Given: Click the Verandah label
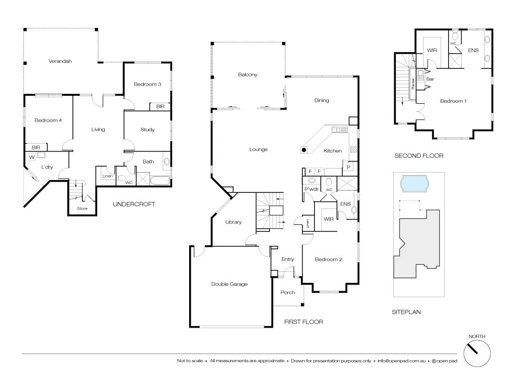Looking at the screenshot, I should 60,61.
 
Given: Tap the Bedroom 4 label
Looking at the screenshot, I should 48,120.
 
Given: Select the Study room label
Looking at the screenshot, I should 147,130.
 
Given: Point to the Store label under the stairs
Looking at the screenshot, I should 82,208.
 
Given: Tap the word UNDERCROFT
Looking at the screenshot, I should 134,204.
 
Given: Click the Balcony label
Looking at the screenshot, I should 248,75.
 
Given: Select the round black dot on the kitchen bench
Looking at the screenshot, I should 303,150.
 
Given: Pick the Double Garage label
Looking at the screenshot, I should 230,284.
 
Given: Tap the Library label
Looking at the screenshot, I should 233,222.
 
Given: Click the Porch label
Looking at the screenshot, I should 288,292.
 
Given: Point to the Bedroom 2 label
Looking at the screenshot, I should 328,259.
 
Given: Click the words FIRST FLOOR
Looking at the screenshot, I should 303,322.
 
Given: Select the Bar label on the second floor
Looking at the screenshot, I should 430,79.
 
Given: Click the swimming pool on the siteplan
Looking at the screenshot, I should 414,185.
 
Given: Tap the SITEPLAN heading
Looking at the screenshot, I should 406,312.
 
